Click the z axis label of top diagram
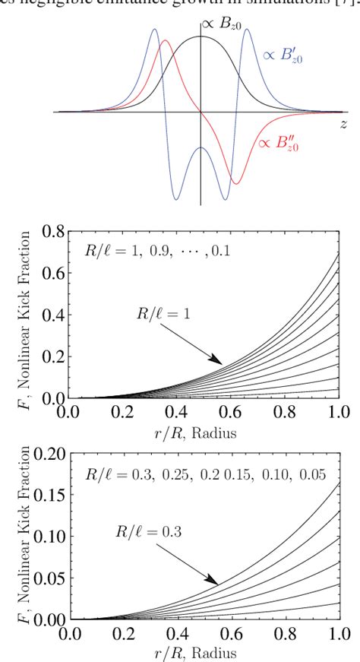click(x=343, y=122)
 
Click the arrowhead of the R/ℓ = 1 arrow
click(x=222, y=362)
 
